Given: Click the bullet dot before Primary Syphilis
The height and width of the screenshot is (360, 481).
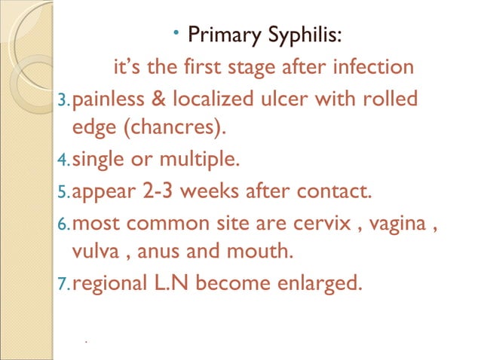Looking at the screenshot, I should click(x=174, y=32).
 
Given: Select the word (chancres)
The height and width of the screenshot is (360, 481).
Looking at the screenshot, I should click(x=161, y=129).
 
